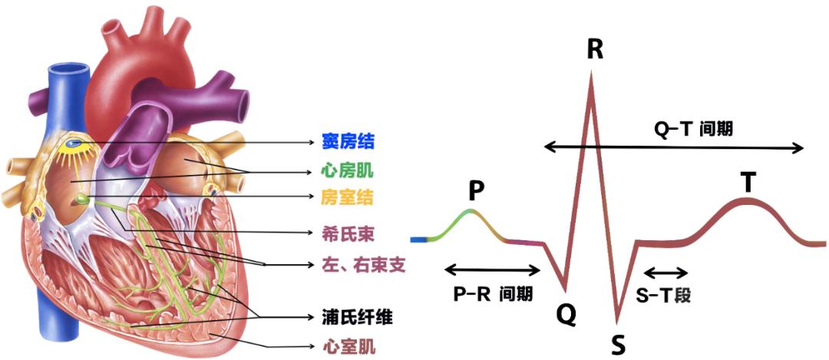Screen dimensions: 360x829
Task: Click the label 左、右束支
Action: pos(363,265)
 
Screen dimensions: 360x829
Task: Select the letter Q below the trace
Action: pos(566,312)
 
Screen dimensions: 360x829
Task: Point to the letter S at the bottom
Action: pos(618,345)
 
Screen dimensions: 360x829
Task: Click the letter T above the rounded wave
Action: pos(748,183)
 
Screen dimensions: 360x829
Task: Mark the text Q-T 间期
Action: pos(692,129)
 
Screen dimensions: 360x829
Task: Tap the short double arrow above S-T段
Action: pos(666,272)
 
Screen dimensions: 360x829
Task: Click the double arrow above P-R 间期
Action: pos(493,269)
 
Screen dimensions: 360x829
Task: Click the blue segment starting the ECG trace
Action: pos(419,240)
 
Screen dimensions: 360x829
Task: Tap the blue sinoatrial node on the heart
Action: pos(74,143)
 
